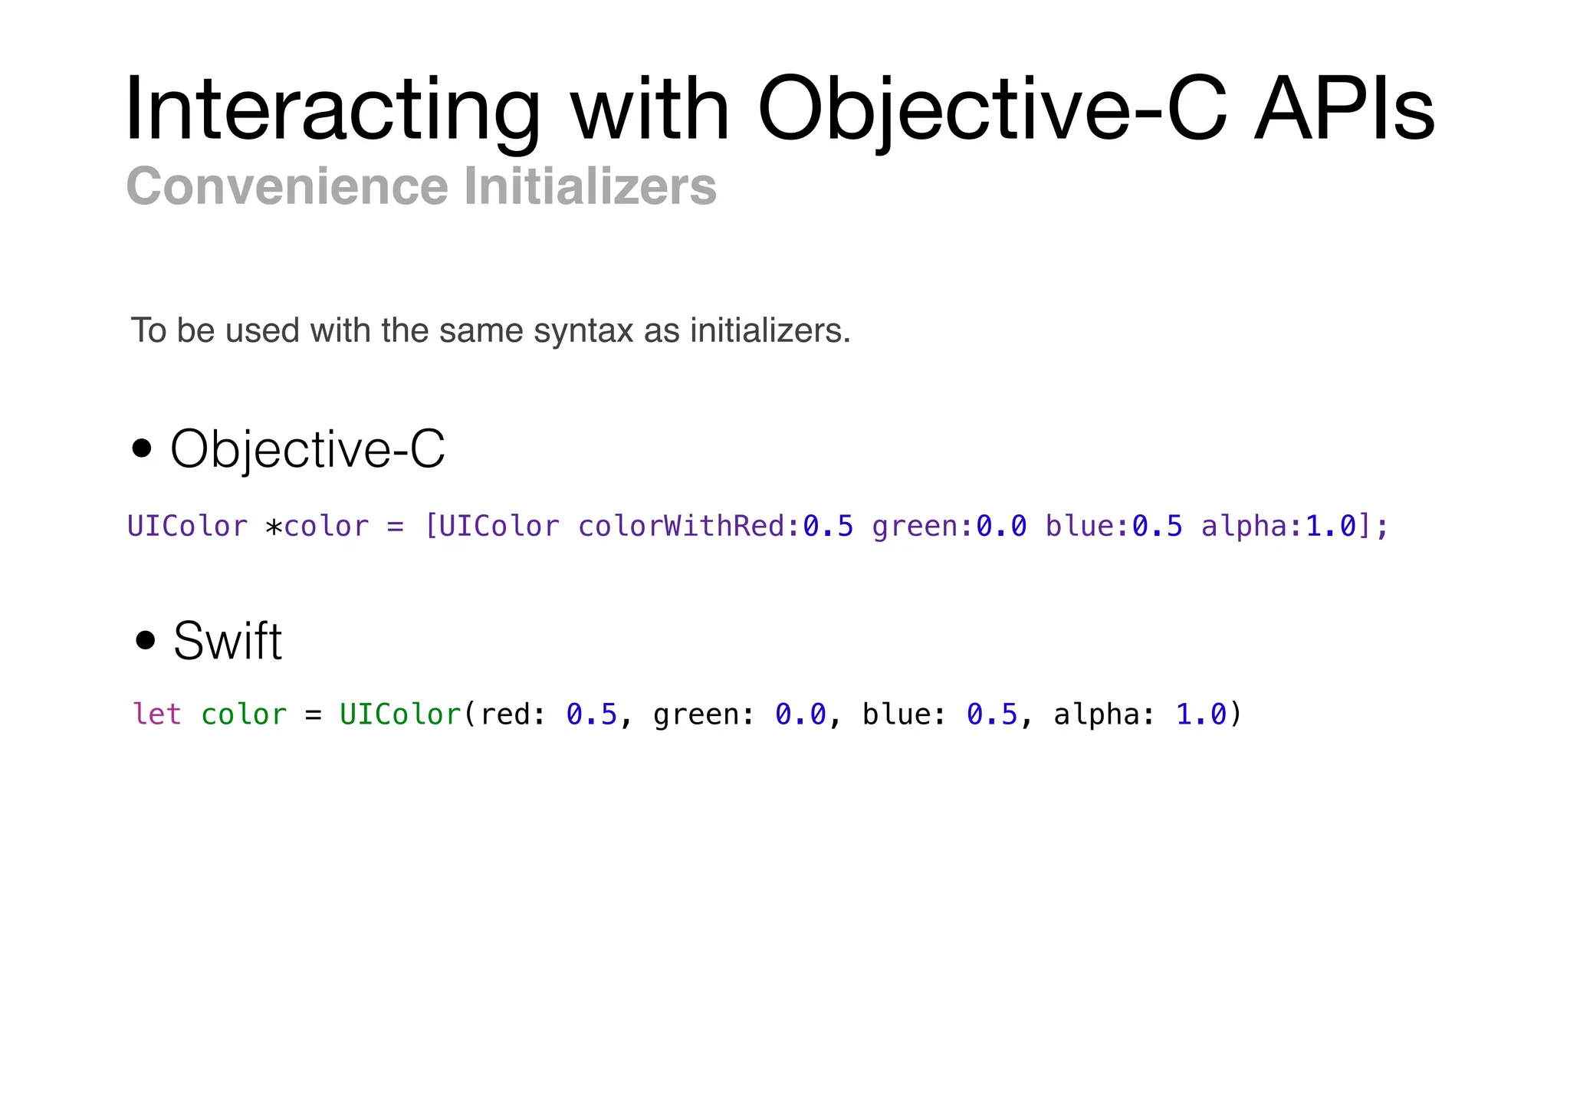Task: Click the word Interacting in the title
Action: [x=332, y=110]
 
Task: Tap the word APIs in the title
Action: [x=1345, y=110]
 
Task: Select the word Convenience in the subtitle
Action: [x=287, y=186]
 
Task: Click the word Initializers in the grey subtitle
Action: [x=590, y=186]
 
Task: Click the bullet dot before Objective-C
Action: [x=142, y=448]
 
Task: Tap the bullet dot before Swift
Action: [x=145, y=640]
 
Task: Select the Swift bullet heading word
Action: [x=228, y=641]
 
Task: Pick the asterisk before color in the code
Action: [x=274, y=528]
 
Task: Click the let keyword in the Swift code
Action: [x=157, y=714]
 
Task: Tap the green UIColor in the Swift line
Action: [x=400, y=714]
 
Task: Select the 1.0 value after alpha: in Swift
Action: [x=1201, y=714]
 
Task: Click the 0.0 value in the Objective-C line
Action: [x=1001, y=527]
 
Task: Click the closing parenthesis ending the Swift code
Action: [x=1235, y=714]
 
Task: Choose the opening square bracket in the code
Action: [x=431, y=527]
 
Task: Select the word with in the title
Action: [x=649, y=110]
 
